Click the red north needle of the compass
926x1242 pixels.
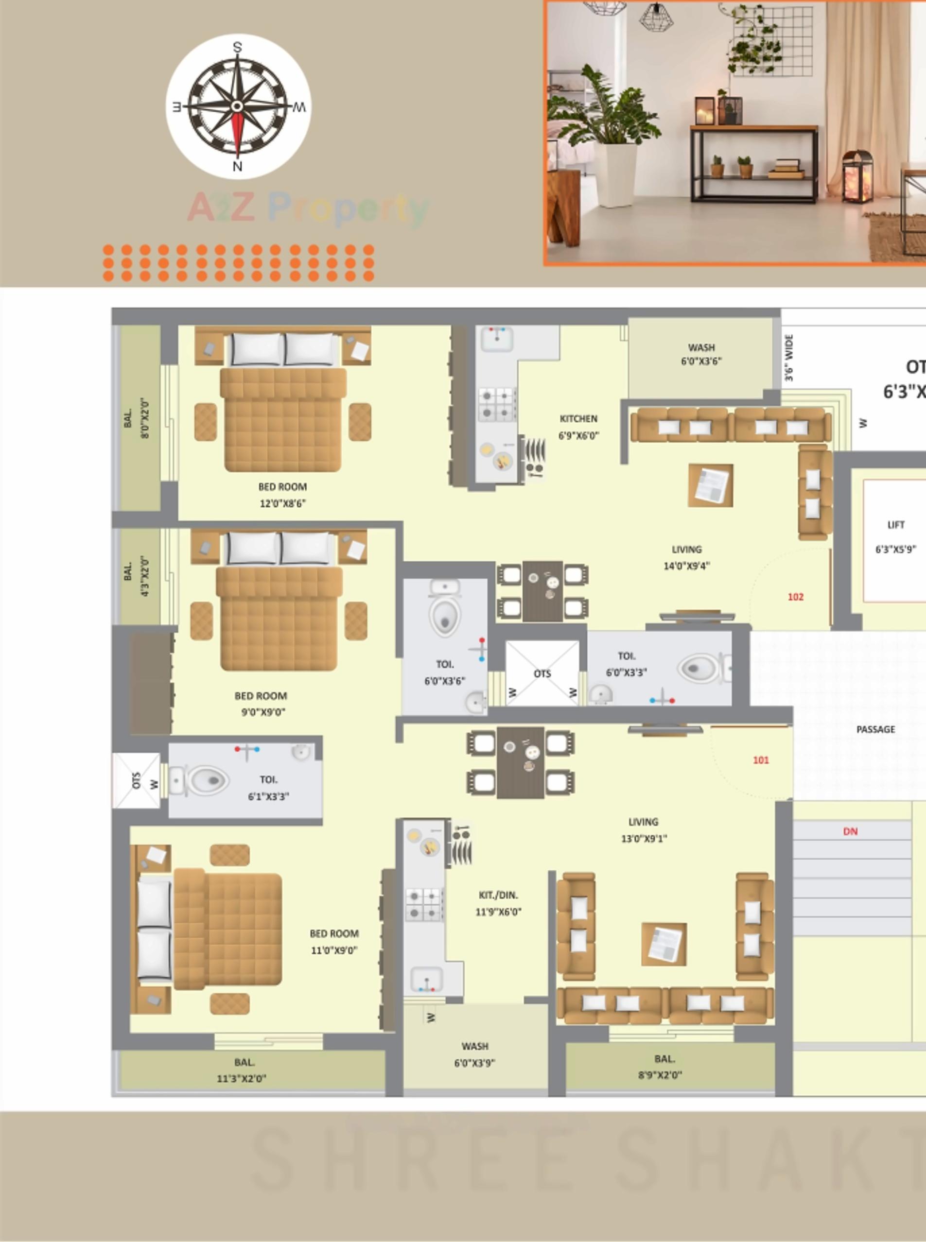click(x=238, y=135)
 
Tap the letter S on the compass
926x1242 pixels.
click(x=237, y=47)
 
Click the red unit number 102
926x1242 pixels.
click(x=795, y=597)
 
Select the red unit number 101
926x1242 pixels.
click(x=761, y=759)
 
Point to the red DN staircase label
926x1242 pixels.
click(x=850, y=831)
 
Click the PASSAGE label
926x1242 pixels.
click(x=875, y=729)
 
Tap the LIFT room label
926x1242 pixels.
click(x=896, y=524)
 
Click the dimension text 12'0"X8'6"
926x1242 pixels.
click(x=282, y=503)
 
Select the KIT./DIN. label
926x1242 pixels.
click(x=498, y=895)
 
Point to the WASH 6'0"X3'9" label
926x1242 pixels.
click(x=475, y=1054)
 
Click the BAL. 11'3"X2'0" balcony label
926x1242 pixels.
click(x=242, y=1070)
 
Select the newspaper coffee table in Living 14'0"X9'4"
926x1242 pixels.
click(x=711, y=485)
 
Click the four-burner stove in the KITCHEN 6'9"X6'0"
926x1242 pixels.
click(x=497, y=404)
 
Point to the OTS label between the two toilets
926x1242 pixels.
click(x=542, y=673)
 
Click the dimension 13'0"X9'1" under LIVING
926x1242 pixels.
click(x=644, y=839)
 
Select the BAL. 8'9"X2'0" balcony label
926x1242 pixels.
click(x=663, y=1067)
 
